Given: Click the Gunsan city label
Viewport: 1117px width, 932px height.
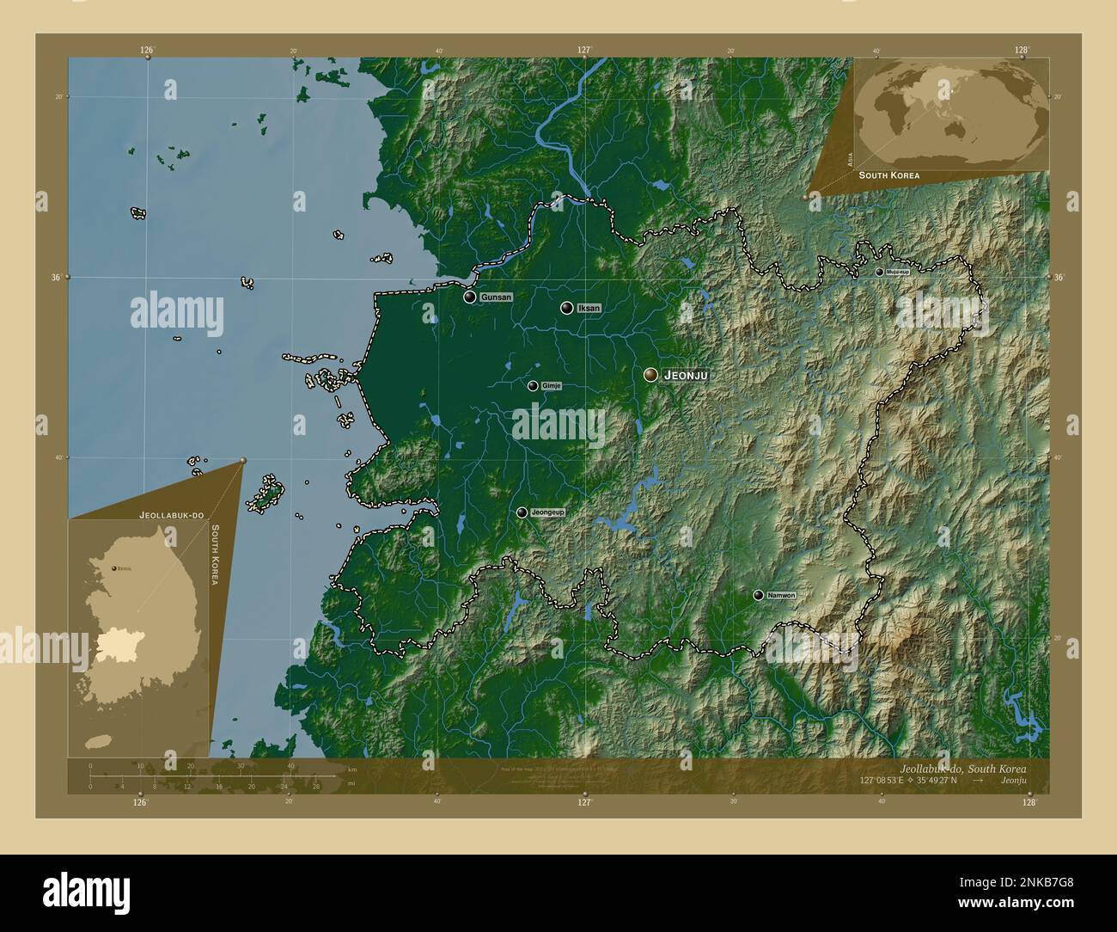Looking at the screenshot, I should (x=496, y=297).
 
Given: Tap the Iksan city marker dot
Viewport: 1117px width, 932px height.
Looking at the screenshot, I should (x=567, y=308).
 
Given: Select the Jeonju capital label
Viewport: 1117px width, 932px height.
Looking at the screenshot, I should (x=685, y=376).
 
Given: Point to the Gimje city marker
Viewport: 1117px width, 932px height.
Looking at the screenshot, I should (x=534, y=386).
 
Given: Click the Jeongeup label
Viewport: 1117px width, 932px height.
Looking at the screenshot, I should (x=547, y=512).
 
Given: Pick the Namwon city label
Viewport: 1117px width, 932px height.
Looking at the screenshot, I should (x=781, y=595).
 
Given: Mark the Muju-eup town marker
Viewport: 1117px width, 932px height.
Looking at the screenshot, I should (x=879, y=272).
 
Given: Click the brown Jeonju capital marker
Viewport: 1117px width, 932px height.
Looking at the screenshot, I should (x=650, y=375).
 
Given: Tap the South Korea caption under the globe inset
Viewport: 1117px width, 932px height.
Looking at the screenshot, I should (x=889, y=175).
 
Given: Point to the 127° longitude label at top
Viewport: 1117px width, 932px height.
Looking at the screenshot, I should (x=584, y=50).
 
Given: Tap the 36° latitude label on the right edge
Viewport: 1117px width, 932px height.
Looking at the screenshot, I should (x=1058, y=278).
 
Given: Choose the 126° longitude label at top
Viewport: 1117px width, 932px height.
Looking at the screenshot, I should (x=147, y=50).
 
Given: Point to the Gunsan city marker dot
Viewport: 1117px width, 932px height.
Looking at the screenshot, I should (x=470, y=297).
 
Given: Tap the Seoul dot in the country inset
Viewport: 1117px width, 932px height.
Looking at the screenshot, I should (x=114, y=568).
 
